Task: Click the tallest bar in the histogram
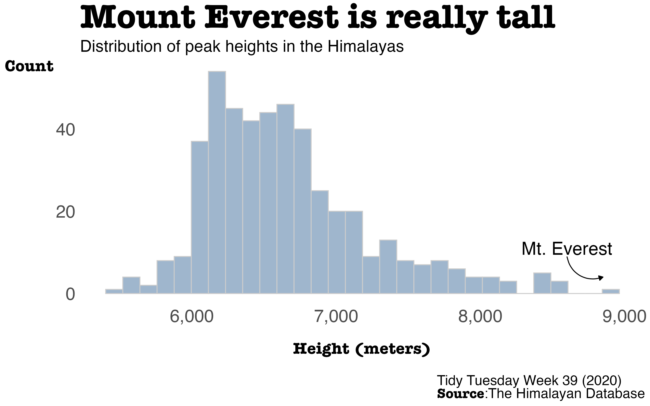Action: tap(217, 182)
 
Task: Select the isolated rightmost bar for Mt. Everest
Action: tap(611, 291)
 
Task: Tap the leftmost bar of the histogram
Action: tap(114, 291)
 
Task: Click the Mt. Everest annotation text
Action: tap(567, 249)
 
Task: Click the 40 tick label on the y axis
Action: tap(65, 131)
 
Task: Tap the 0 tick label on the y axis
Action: tap(70, 295)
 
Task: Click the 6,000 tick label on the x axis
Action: tap(192, 317)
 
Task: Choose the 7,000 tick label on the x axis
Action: tap(336, 317)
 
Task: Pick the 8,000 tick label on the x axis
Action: tap(480, 317)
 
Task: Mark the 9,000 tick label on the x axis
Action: tap(624, 317)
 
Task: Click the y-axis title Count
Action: tap(29, 66)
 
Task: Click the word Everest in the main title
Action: tap(271, 17)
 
